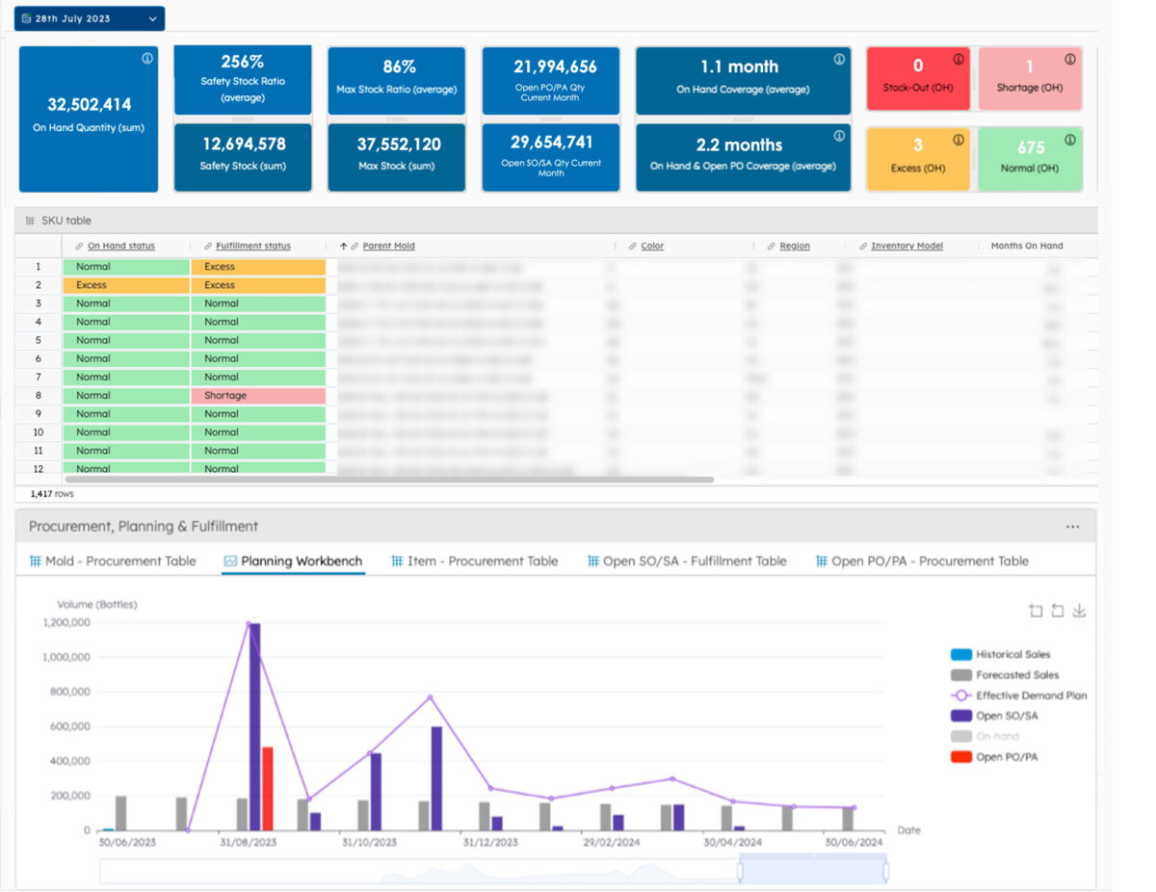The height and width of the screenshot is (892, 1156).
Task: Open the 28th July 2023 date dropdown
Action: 89,18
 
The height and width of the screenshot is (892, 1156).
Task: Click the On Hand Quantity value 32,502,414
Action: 89,105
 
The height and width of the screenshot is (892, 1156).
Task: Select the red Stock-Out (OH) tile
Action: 917,77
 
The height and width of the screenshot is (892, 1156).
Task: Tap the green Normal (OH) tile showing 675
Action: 1030,157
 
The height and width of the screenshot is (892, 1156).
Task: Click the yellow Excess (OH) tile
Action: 917,157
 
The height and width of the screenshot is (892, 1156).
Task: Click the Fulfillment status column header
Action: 252,247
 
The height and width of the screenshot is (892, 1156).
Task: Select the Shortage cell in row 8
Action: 257,396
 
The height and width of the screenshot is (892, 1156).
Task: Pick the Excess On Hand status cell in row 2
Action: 125,285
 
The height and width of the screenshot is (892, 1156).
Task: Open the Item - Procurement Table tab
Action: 482,562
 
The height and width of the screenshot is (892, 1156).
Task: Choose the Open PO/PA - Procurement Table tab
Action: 930,562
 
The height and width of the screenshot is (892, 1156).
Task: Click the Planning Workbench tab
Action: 301,562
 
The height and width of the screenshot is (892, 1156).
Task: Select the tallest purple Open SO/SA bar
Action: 255,726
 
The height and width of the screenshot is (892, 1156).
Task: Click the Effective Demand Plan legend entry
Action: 1030,695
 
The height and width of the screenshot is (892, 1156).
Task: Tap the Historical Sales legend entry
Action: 1012,655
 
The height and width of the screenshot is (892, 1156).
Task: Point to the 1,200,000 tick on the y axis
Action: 66,623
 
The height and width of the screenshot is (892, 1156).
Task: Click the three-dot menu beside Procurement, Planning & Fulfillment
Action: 1072,528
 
